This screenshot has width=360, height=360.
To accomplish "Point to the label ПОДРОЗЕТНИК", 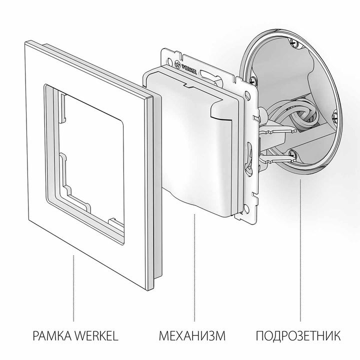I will point(299,334).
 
